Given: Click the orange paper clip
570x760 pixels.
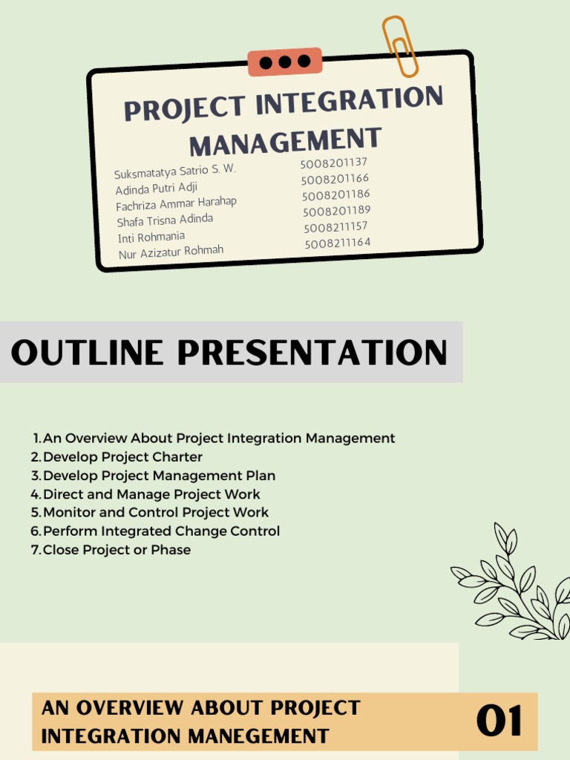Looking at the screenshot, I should click(399, 46).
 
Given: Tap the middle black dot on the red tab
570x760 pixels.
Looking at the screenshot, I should click(285, 62).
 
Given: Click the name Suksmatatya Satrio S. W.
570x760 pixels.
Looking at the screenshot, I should click(174, 171).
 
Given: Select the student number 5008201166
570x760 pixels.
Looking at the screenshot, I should click(335, 179).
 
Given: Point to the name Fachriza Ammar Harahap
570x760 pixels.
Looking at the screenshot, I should click(176, 204).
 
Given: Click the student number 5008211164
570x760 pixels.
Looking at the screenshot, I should click(337, 243).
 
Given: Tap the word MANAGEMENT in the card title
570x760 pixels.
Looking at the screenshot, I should click(286, 140).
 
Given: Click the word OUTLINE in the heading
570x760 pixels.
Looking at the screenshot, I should click(88, 353).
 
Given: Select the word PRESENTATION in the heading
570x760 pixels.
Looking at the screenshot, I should click(312, 353).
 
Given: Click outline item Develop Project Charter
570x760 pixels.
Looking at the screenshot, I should click(122, 457).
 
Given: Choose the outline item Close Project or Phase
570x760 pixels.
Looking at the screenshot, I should click(117, 550).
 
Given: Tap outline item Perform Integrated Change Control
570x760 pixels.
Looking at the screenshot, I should click(161, 531).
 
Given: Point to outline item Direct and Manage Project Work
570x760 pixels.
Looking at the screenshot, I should click(151, 494).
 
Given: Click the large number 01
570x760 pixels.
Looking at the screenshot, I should click(499, 722).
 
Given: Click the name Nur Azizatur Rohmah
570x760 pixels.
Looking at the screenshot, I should click(171, 253).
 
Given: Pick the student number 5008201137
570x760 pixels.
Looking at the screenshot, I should click(333, 163).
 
